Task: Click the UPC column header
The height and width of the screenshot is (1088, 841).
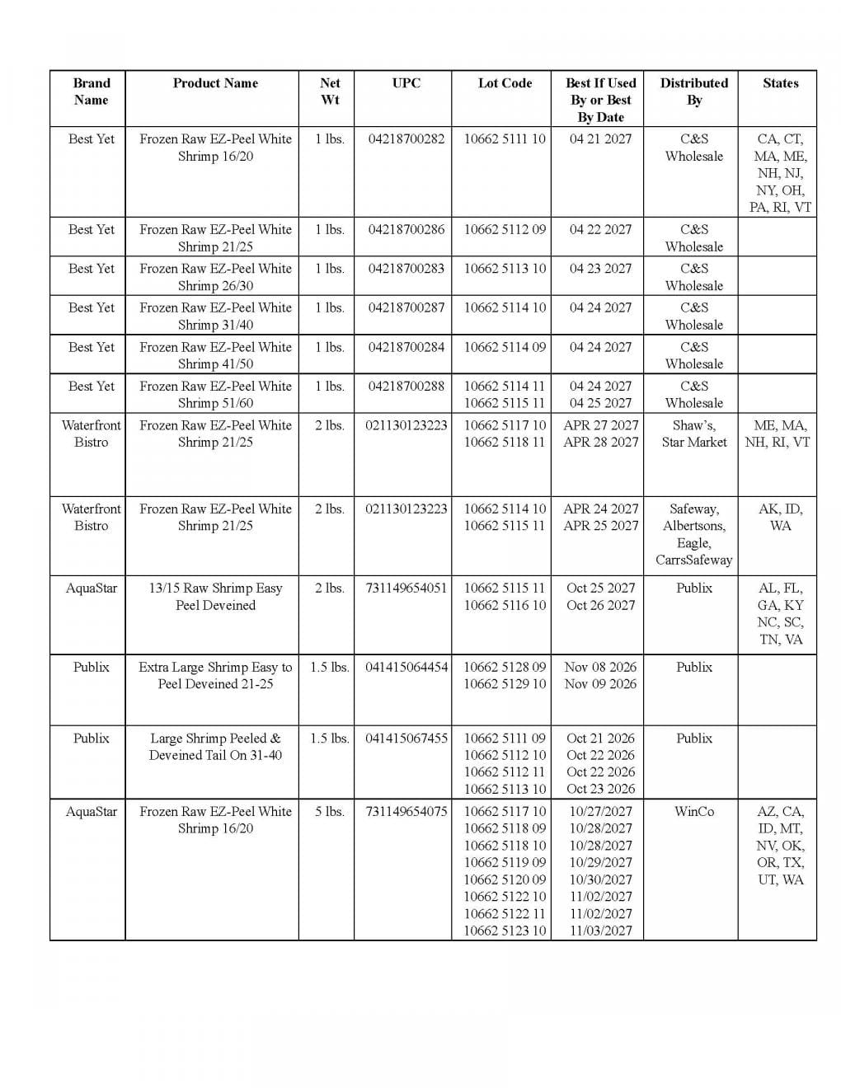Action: point(406,83)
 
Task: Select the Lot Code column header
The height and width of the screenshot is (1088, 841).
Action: point(505,83)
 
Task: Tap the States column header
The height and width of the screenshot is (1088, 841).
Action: point(780,83)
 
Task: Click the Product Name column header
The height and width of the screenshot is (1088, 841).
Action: point(215,83)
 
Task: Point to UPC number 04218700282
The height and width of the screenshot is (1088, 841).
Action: point(406,139)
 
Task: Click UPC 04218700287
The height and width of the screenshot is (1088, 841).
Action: point(406,308)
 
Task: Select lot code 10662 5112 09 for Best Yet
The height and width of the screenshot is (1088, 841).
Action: point(505,230)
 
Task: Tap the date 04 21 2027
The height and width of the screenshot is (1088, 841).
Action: point(600,139)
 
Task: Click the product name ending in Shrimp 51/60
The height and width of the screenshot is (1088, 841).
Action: point(215,395)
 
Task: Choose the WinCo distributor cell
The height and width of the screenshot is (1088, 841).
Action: point(694,812)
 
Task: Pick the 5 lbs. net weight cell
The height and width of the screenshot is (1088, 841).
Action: point(329,812)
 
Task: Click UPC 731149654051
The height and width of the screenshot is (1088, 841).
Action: point(406,589)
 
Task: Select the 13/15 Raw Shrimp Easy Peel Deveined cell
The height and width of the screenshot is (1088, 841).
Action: point(215,597)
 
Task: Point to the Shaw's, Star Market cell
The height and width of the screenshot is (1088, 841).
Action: point(694,434)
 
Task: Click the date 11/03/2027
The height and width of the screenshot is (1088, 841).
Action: point(600,931)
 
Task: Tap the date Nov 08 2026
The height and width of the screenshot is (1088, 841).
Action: point(600,667)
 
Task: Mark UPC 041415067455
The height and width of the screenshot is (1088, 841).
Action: point(406,739)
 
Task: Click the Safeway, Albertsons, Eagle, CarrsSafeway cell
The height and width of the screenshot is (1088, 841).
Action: point(694,534)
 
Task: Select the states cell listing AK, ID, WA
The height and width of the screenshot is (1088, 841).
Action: point(780,518)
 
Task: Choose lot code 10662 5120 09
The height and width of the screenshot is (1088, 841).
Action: point(505,879)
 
